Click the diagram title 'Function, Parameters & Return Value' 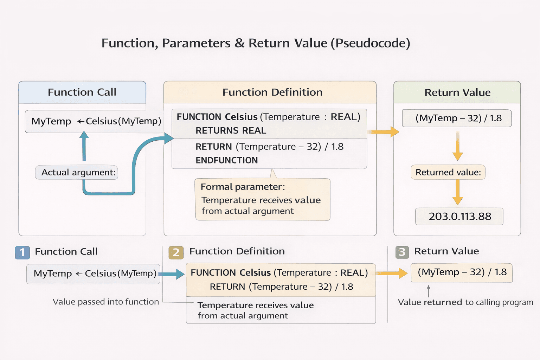point(256,43)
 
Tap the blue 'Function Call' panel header point(82,92)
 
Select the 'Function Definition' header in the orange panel point(272,92)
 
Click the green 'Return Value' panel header point(457,92)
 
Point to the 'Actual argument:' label point(78,172)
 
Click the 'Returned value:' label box point(448,172)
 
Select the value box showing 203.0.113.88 point(459,216)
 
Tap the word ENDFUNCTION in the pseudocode point(226,160)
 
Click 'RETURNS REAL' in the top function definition point(231,130)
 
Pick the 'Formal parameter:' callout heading point(243,187)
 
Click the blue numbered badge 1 point(22,252)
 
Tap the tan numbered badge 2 point(176,252)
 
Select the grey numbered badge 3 point(402,252)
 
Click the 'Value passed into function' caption point(105,302)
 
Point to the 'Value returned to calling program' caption point(465,302)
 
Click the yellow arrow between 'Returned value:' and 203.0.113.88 point(457,192)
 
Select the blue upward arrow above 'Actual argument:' point(84,146)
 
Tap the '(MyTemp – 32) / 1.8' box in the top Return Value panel point(457,118)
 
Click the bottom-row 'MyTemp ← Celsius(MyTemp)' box point(94,274)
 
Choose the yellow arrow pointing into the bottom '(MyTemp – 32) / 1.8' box point(392,273)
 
